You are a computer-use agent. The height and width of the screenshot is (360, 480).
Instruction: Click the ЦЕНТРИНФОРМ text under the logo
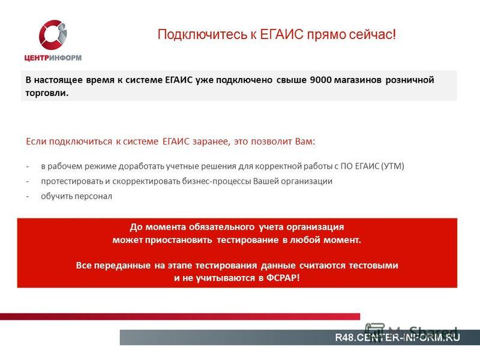point(53,58)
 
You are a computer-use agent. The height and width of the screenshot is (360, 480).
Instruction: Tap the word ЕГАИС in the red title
point(281,34)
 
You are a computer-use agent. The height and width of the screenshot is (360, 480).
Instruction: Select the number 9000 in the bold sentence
point(320,80)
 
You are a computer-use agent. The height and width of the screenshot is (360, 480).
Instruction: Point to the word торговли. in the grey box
point(47,93)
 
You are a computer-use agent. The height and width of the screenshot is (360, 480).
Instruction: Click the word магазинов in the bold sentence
point(358,80)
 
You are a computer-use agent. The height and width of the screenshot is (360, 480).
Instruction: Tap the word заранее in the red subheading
point(211,142)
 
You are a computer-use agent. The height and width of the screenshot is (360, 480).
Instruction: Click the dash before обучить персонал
point(28,197)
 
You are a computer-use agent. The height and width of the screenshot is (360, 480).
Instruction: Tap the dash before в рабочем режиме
point(28,167)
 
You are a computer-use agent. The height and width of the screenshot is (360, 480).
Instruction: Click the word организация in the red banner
point(315,227)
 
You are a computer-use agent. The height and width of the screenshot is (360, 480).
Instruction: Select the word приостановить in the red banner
point(178,239)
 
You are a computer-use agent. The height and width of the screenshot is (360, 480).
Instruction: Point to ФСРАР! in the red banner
point(283,278)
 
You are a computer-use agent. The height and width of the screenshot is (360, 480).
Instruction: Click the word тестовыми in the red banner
point(373,265)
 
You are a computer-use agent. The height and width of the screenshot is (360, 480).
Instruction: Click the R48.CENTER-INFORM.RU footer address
point(397,337)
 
